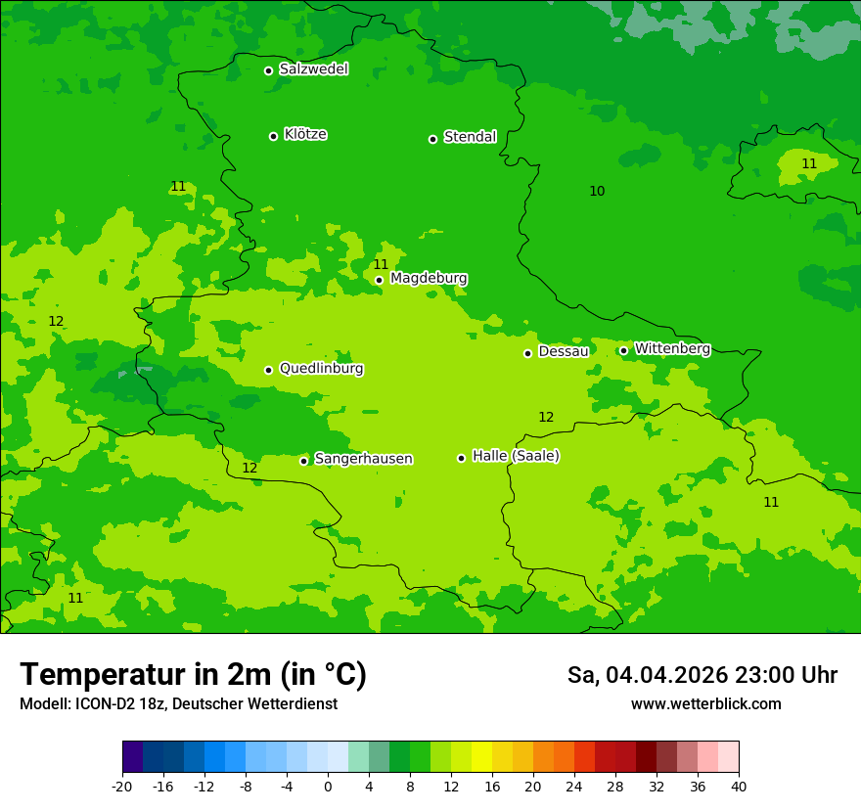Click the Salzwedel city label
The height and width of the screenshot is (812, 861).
[313, 69]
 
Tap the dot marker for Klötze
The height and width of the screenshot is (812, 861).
[273, 136]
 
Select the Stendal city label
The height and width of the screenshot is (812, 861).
[470, 137]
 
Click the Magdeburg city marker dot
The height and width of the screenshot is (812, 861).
[379, 280]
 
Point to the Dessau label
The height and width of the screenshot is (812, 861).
[563, 351]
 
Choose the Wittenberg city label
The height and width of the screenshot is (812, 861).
[671, 348]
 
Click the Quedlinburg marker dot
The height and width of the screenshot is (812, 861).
[268, 370]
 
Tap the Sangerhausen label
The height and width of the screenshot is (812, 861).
[363, 459]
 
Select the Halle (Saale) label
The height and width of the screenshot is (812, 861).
[516, 456]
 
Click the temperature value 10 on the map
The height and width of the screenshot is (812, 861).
[597, 191]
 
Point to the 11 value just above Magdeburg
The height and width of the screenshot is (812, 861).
[381, 264]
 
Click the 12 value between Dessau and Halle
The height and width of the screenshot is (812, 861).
[546, 417]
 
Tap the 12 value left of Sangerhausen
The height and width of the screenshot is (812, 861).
[249, 468]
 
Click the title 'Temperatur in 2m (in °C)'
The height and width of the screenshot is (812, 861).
[193, 674]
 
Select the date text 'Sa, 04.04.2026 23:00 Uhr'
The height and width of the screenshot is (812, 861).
[702, 675]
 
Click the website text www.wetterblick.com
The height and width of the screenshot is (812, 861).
[705, 704]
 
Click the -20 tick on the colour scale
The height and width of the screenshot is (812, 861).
[122, 786]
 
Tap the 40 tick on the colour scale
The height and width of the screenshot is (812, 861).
[738, 786]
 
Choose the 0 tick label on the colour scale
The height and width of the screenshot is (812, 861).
[328, 786]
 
